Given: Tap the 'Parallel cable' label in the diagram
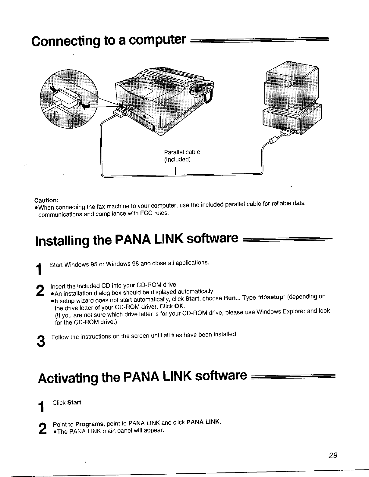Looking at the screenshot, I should coord(182,152).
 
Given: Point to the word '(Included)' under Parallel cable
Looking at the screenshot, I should coord(177,159).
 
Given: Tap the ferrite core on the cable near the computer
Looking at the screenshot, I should coord(273,140).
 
